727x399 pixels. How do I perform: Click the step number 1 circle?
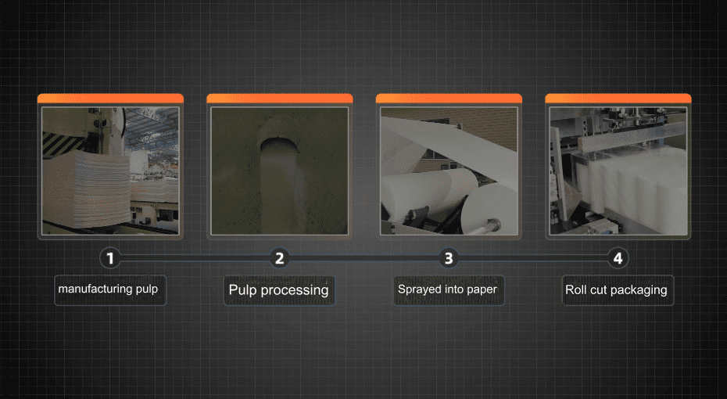(110, 257)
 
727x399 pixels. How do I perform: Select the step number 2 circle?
(280, 257)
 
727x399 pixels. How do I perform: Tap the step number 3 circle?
(449, 257)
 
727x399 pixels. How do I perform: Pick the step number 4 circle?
(618, 257)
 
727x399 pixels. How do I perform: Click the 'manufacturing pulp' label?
(109, 289)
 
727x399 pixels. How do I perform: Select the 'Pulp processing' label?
(278, 290)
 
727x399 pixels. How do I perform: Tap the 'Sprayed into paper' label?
(447, 289)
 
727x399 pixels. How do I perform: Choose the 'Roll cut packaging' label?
(616, 289)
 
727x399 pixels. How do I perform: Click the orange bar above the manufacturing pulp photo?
(110, 99)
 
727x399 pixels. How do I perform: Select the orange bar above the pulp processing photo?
(279, 99)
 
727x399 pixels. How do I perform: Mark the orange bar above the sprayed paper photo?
(449, 99)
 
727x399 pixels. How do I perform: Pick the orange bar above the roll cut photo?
(618, 99)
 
